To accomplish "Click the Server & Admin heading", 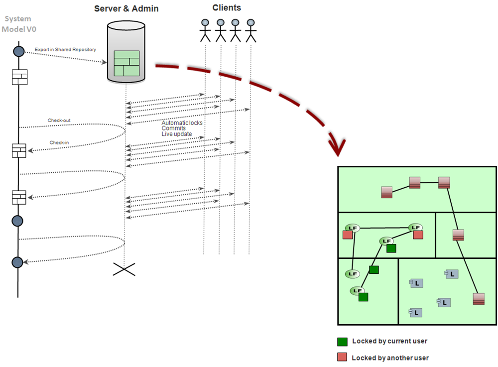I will pos(126,9).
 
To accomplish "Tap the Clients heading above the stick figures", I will pos(227,8).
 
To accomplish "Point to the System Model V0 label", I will pos(18,24).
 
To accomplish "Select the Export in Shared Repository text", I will pos(65,50).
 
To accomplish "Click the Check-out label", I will pos(59,121).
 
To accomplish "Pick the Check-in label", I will pos(59,143).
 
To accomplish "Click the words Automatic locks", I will pos(182,122).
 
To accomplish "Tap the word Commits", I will pos(173,128).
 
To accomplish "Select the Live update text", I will pos(176,134).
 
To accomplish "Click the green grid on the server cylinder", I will pos(126,63).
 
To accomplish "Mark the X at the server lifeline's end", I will pos(124,269).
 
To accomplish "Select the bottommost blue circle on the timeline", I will pos(18,262).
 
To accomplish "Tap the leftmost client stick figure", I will pos(205,30).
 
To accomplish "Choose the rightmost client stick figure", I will pos(250,30).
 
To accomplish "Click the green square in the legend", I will pos(342,342).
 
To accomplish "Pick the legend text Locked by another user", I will pos(390,358).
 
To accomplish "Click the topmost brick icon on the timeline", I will pos(19,77).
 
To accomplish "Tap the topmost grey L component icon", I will pos(451,274).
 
